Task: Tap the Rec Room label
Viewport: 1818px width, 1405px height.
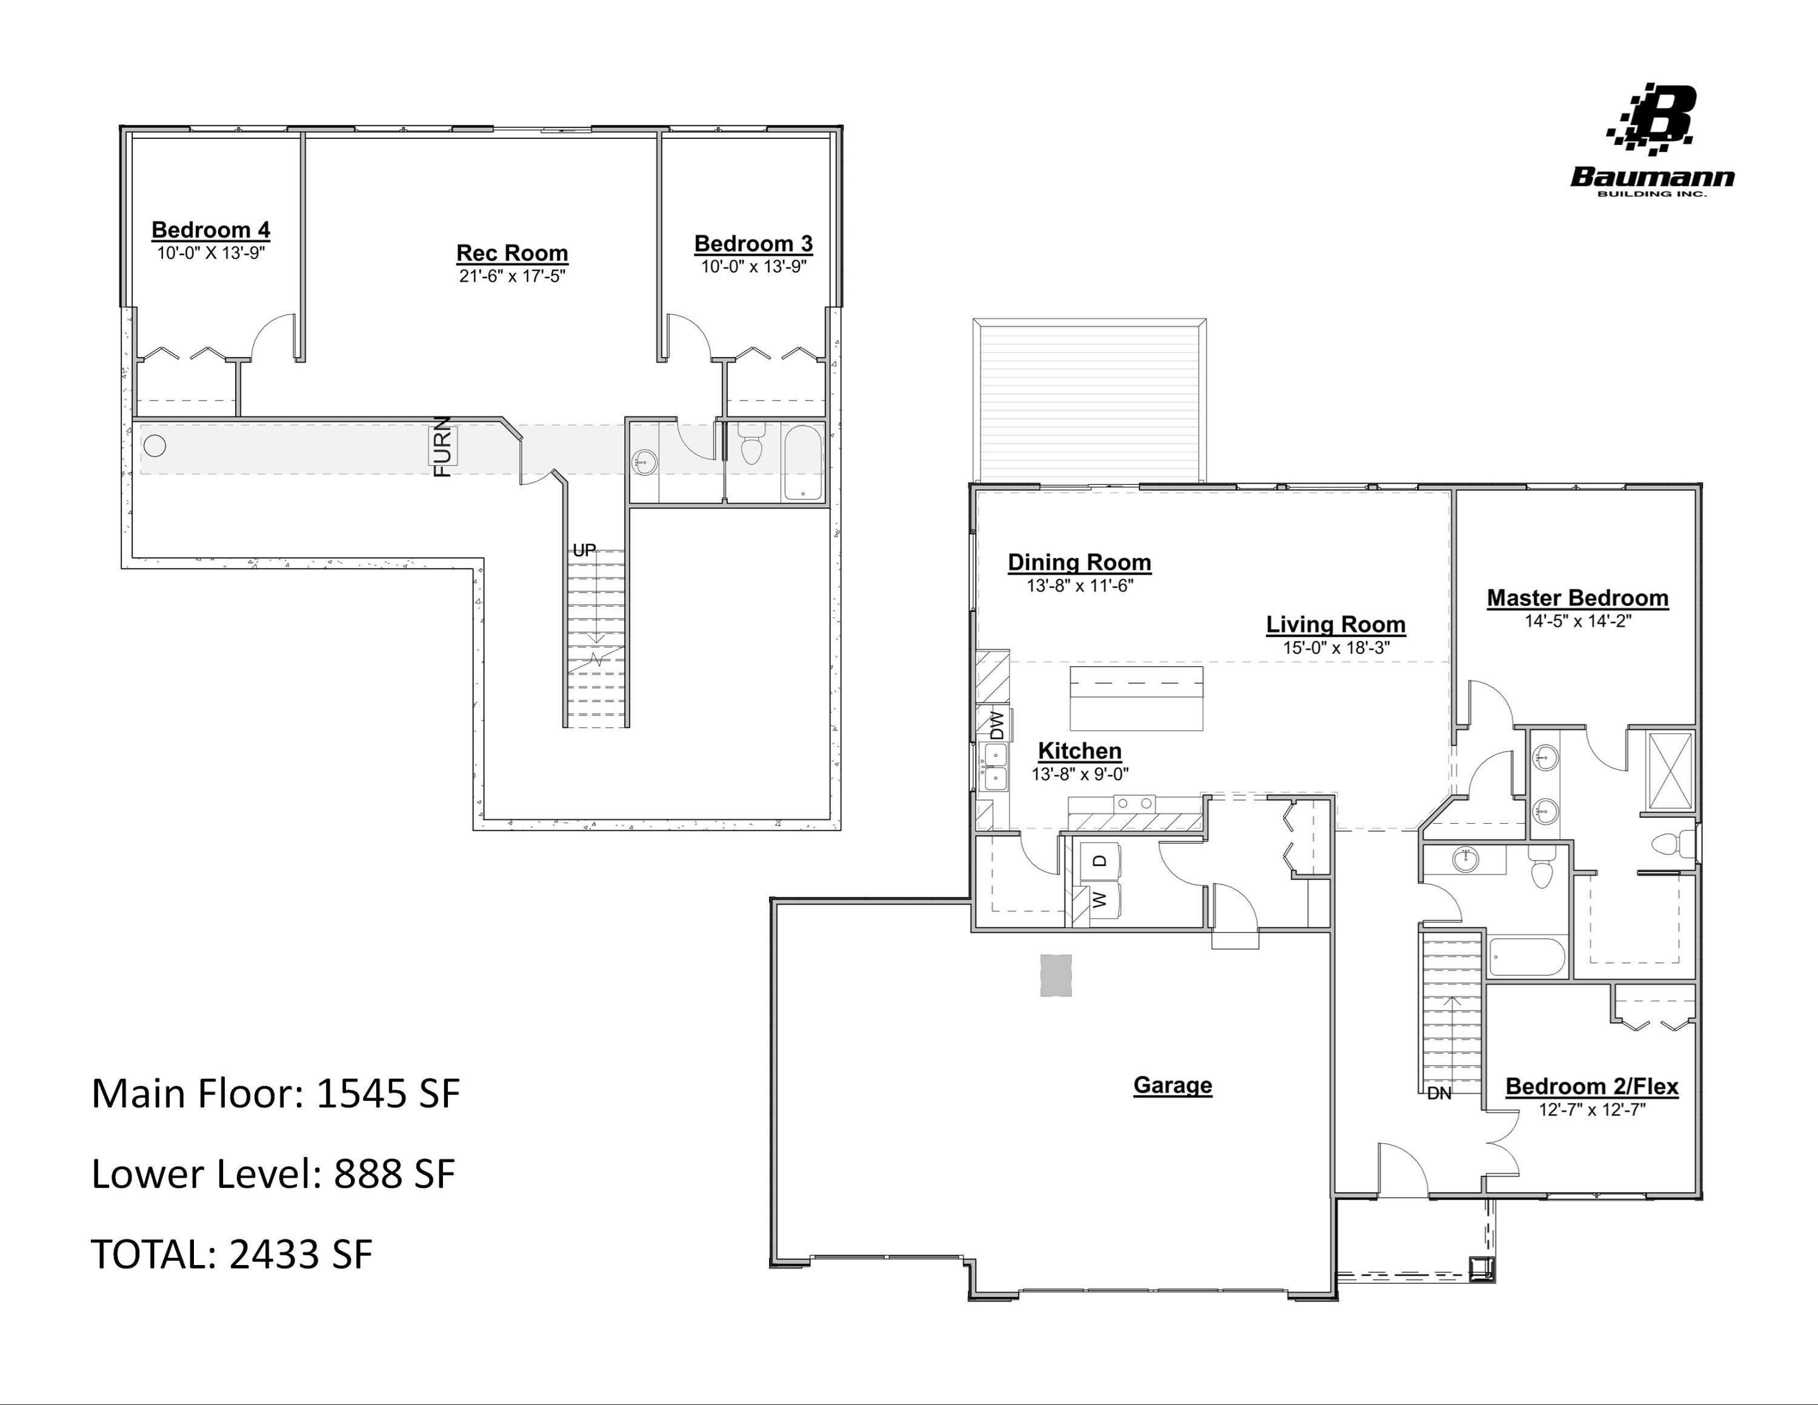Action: [512, 253]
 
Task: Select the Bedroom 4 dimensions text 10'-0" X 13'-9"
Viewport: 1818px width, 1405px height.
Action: [211, 253]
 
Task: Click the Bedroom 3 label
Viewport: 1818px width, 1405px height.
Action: [753, 244]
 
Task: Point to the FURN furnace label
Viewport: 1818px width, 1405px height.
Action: [443, 447]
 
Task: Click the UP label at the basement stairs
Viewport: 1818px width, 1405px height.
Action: [584, 550]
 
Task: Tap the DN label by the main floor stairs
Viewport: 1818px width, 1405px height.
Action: [1439, 1093]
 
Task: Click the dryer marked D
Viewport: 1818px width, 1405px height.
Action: [1100, 861]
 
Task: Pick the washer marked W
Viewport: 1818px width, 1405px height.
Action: [1100, 899]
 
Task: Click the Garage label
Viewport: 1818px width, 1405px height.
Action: [1172, 1086]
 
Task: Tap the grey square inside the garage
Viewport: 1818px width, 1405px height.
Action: [1056, 975]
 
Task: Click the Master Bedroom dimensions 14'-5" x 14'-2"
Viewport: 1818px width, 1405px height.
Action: [1577, 621]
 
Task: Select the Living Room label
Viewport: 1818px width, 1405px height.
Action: [1335, 624]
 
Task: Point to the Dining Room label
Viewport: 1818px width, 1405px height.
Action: [1079, 562]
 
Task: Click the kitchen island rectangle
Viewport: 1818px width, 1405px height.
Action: [1136, 698]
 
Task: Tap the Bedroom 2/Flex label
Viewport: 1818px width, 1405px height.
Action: [1591, 1087]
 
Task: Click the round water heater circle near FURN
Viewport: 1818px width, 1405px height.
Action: [155, 446]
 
